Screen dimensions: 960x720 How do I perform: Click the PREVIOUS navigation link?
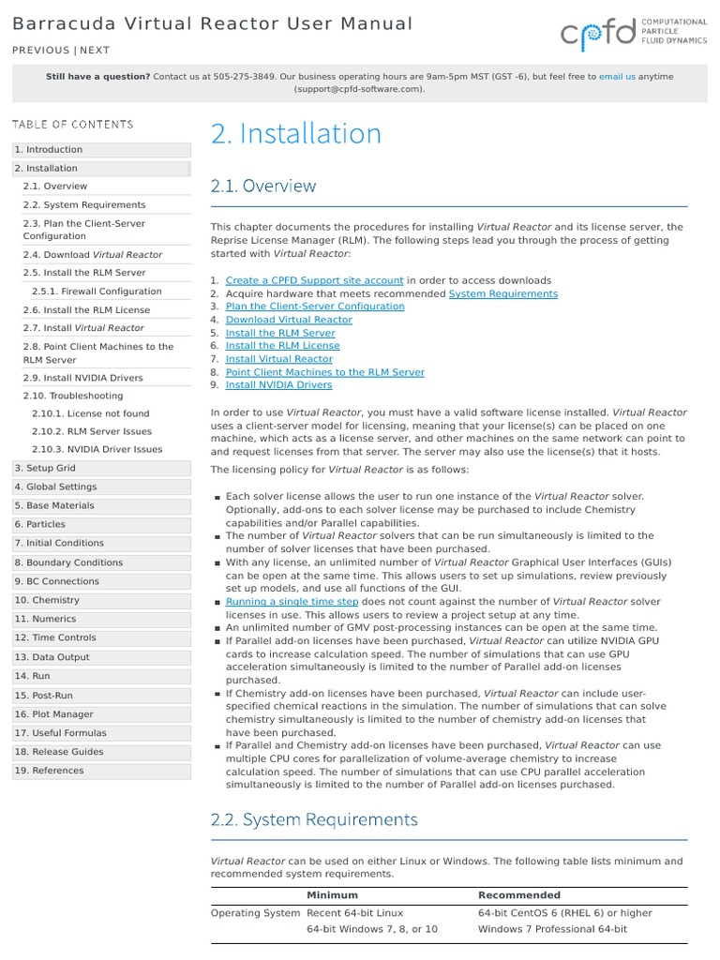40,51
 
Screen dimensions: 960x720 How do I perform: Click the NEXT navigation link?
95,51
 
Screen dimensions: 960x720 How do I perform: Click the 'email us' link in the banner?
617,76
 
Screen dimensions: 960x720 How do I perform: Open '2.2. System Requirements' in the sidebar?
84,205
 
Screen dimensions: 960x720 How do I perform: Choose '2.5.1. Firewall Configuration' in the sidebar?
97,292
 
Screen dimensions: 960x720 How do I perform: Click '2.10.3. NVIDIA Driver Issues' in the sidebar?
97,450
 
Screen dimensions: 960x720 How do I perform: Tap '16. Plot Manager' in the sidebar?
53,714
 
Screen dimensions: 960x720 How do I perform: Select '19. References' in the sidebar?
49,771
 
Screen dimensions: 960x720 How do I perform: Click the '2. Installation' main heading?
296,134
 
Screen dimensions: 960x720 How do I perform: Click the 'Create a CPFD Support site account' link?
315,280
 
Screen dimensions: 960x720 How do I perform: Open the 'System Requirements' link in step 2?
502,293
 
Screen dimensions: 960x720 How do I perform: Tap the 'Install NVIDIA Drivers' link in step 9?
278,384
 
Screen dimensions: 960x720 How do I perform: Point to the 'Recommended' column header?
518,895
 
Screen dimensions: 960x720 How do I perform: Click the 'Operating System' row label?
253,913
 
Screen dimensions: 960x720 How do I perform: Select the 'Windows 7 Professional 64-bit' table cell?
552,929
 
